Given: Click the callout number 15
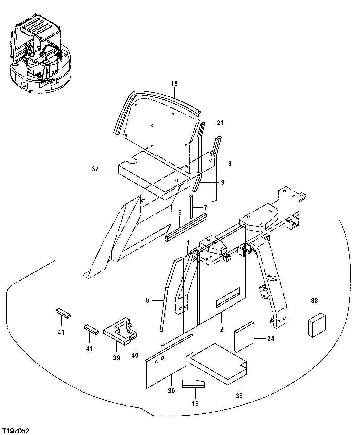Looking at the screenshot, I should coord(174,83).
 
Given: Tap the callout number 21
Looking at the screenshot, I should coord(220,123).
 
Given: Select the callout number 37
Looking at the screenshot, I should coord(95,169).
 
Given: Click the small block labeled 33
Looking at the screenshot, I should coord(317,325).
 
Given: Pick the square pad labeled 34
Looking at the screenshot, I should coord(245,337).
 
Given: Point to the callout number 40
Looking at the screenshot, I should coord(135,355).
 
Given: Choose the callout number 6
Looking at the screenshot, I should coord(229,163).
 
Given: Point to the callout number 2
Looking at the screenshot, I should coord(221,329).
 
